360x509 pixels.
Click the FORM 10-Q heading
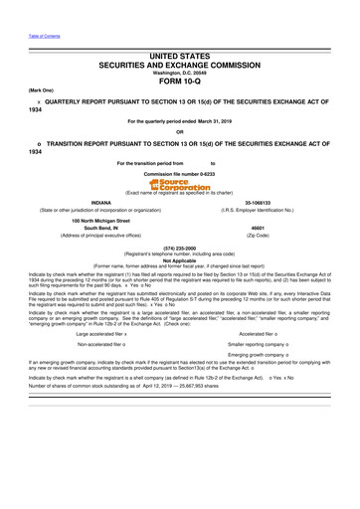(x=180, y=83)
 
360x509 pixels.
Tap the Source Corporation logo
(x=180, y=184)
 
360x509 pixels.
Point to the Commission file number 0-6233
(x=180, y=173)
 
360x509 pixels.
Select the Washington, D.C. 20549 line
(x=180, y=73)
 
